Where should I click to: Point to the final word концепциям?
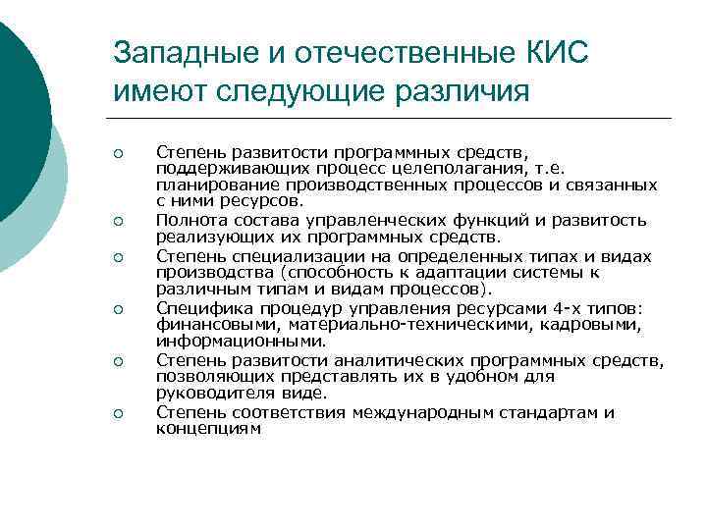point(208,428)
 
